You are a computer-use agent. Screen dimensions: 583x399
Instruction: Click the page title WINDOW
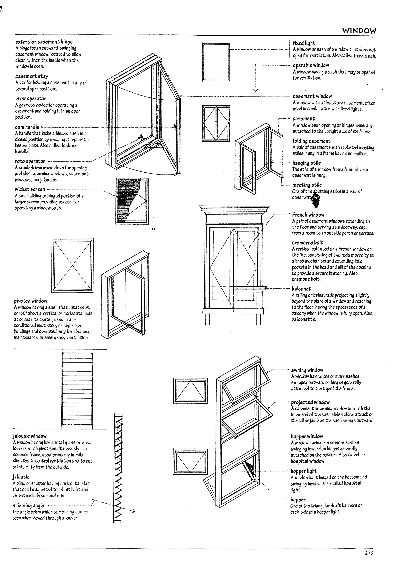pyautogui.click(x=359, y=31)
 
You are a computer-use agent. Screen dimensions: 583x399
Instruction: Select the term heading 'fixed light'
pyautogui.click(x=304, y=43)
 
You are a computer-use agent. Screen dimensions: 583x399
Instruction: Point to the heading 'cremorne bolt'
pyautogui.click(x=307, y=243)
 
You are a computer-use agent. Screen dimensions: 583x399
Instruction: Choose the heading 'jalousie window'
pyautogui.click(x=30, y=436)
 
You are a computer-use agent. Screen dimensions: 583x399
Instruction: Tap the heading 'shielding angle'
pyautogui.click(x=28, y=506)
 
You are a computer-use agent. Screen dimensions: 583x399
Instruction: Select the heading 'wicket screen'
pyautogui.click(x=30, y=189)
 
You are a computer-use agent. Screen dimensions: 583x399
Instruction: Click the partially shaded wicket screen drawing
pyautogui.click(x=132, y=201)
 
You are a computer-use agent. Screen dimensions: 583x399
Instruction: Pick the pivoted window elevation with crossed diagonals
pyautogui.click(x=72, y=265)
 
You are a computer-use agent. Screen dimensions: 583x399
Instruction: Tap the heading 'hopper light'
pyautogui.click(x=304, y=471)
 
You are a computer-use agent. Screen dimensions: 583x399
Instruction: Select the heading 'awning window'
pyautogui.click(x=307, y=370)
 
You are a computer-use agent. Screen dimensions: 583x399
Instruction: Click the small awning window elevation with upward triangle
pyautogui.click(x=190, y=390)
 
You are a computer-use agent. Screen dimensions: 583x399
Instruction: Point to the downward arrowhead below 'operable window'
pyautogui.click(x=255, y=90)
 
